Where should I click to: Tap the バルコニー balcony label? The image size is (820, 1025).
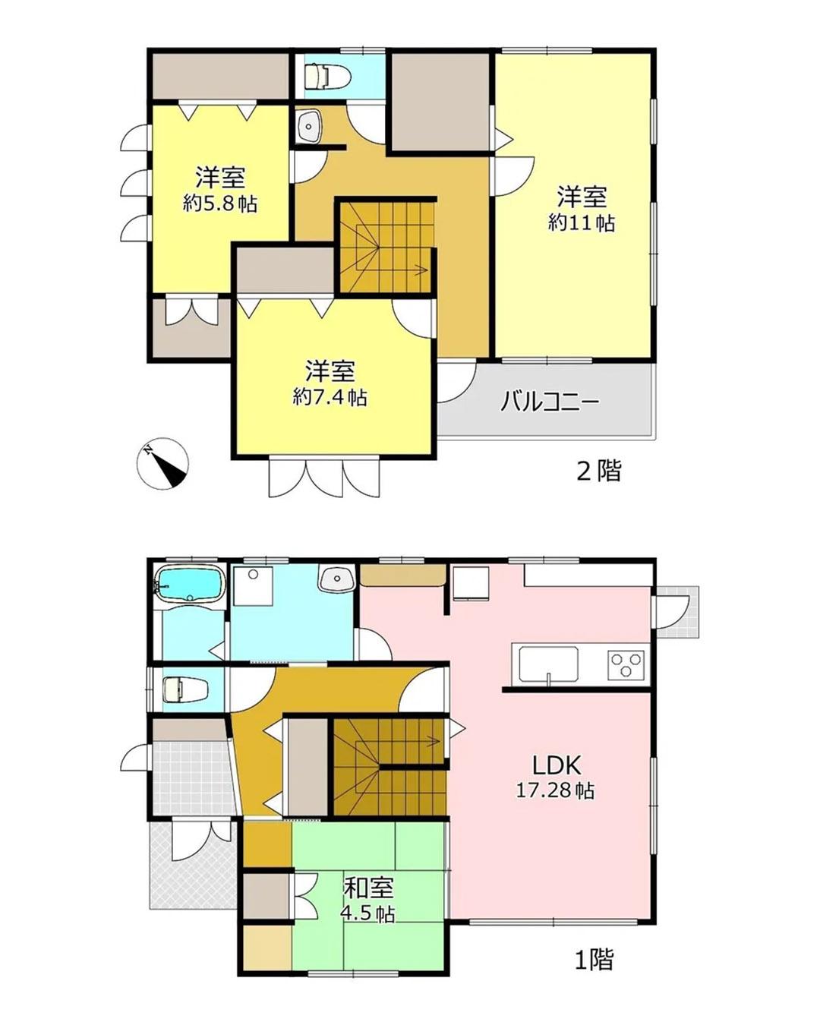(550, 401)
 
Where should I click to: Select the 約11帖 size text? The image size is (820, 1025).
(582, 222)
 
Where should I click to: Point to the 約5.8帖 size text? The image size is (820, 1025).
(219, 203)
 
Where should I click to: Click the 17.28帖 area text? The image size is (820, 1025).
(555, 790)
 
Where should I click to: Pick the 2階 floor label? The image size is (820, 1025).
(599, 471)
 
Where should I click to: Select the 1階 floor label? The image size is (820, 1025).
(594, 960)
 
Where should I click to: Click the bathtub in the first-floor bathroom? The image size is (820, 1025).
(189, 583)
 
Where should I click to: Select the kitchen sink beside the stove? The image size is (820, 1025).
(548, 664)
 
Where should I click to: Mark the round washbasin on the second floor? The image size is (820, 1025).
(308, 126)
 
